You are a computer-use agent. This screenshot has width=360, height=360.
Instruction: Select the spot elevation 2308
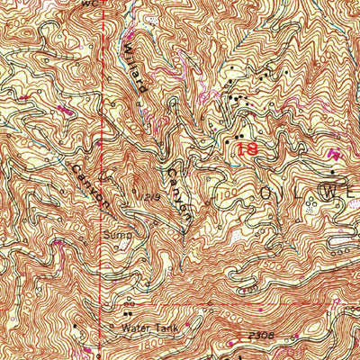262,334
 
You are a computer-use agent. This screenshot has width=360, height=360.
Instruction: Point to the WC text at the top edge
88,4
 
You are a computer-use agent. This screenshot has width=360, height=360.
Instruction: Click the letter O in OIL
266,193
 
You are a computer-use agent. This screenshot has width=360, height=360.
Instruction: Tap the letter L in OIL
307,193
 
